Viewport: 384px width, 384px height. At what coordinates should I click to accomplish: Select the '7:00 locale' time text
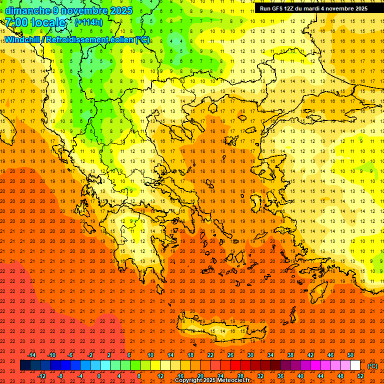pos(35,23)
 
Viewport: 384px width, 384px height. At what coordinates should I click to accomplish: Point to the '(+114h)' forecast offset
pos(89,22)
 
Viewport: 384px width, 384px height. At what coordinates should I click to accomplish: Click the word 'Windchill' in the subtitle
pos(24,39)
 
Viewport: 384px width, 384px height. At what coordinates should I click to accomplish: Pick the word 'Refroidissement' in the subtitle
pos(82,39)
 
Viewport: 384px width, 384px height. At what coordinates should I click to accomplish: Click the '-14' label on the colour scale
pos(32,355)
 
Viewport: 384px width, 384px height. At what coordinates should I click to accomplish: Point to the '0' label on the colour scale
pos(99,376)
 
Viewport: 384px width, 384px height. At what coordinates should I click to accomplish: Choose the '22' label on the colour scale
pos(210,355)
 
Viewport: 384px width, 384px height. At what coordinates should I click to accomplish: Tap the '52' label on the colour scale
pos(360,376)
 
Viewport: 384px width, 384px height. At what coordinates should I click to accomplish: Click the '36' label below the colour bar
pos(280,376)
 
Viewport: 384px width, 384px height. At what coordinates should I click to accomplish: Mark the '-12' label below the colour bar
pos(42,376)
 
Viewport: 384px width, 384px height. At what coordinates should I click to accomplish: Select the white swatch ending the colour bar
pos(355,365)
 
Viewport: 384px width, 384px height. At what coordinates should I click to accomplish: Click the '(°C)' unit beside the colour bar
pos(372,366)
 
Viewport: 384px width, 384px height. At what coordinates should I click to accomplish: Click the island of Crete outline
pos(215,330)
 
